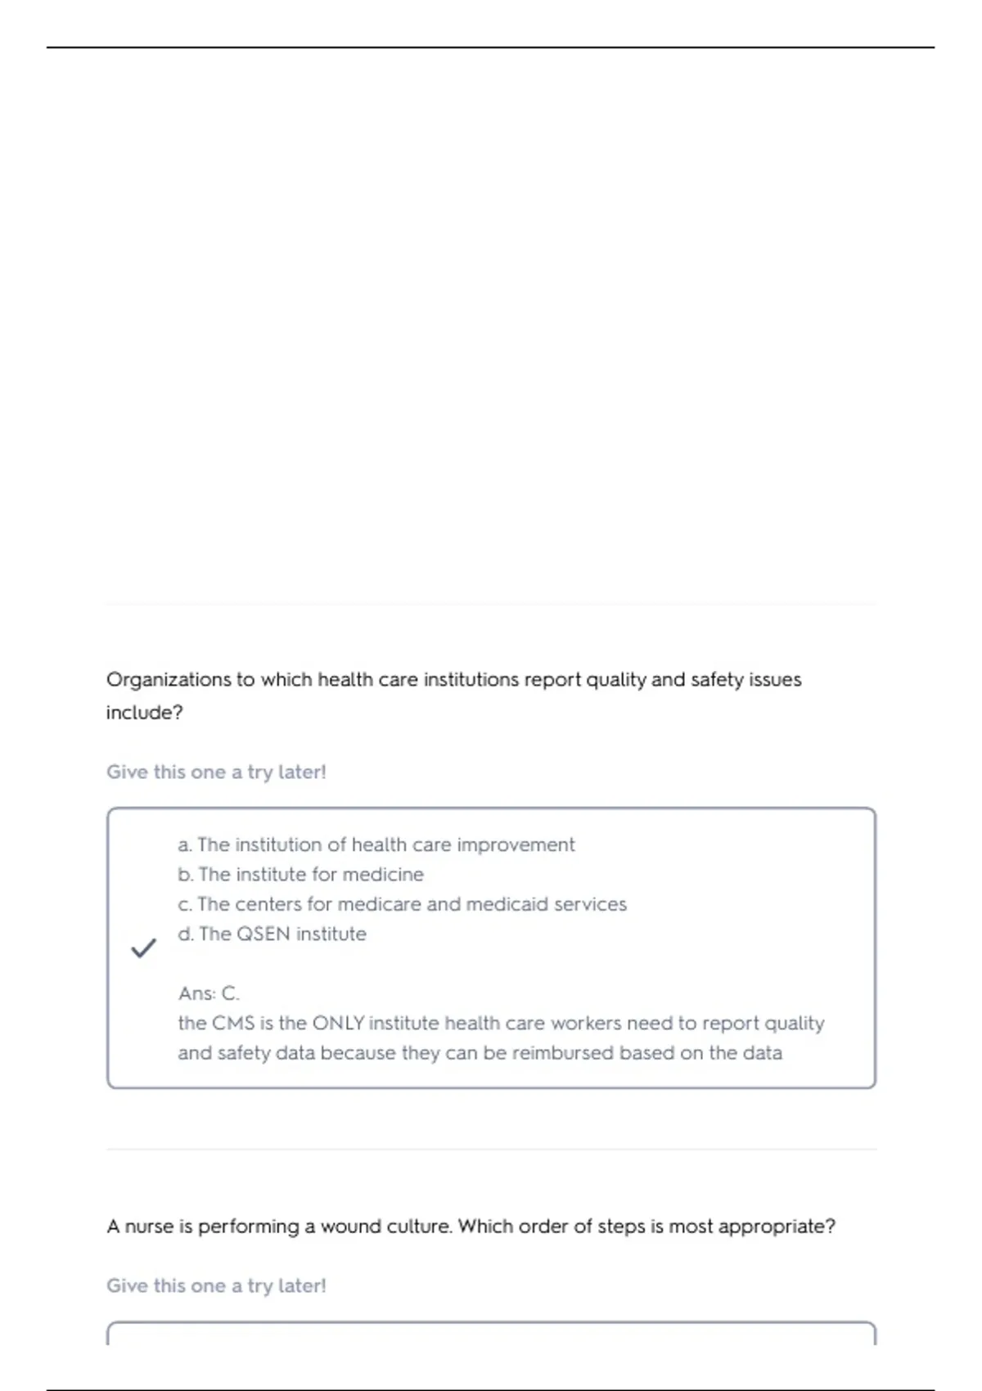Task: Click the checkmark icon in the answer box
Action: [143, 948]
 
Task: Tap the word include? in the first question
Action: [144, 713]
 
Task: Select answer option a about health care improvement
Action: [376, 844]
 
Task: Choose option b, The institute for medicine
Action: [301, 875]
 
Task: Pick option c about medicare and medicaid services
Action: [403, 904]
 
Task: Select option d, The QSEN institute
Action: [273, 934]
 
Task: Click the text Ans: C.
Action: [209, 993]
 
